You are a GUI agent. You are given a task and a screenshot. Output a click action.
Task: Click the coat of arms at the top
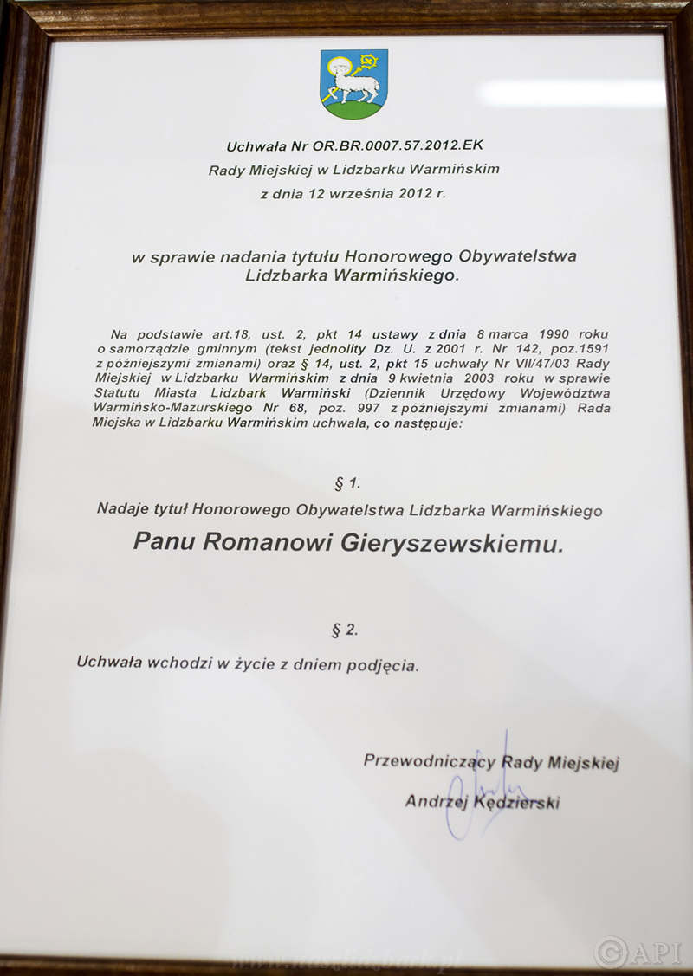click(x=353, y=84)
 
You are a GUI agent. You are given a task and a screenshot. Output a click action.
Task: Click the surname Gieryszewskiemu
click(x=453, y=543)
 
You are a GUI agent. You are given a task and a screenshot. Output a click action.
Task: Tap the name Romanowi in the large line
click(x=268, y=542)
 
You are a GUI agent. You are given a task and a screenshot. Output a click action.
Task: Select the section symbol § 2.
click(x=344, y=630)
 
